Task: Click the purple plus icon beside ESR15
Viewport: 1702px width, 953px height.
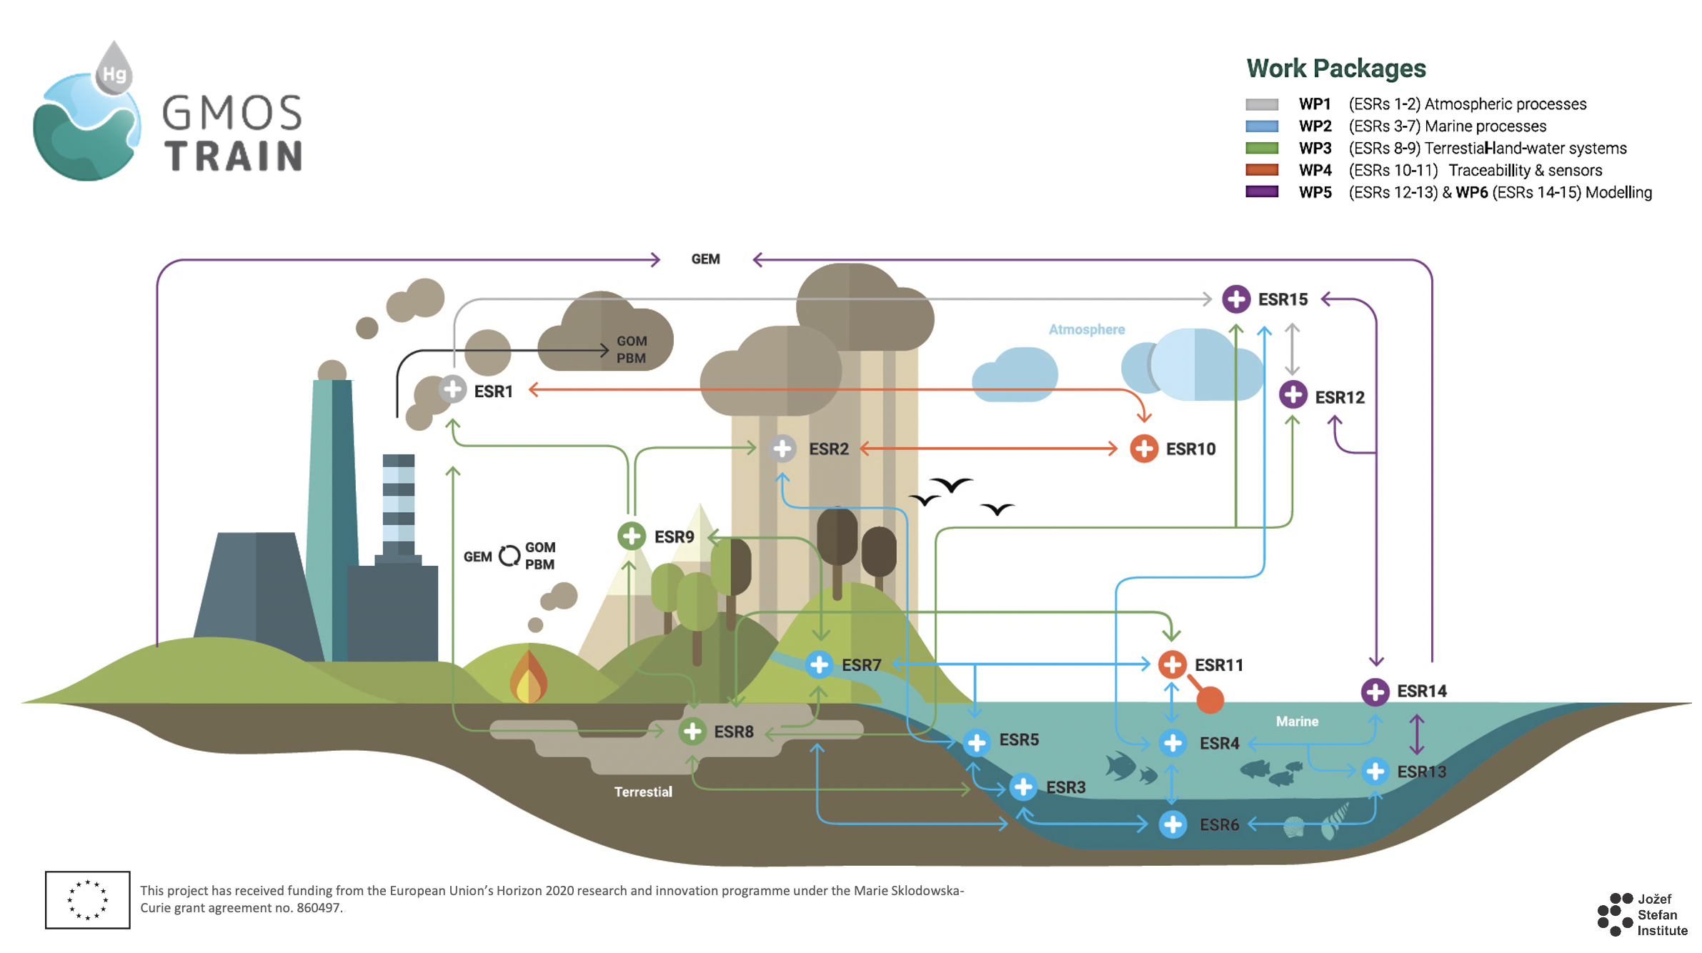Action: pos(1235,299)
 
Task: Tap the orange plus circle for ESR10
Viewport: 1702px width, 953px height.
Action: pos(1143,449)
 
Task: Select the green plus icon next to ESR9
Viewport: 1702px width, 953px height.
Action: pos(631,536)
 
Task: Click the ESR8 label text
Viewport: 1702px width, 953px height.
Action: pos(734,732)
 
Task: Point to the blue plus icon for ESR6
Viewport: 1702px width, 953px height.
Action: pos(1173,824)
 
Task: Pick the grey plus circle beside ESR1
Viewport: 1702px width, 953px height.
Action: pos(452,390)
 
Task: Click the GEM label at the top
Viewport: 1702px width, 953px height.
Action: pos(705,259)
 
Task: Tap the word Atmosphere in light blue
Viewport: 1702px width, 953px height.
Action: pos(1086,329)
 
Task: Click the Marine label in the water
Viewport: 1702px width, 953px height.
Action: pos(1297,722)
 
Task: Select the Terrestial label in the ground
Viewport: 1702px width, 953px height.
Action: pos(643,792)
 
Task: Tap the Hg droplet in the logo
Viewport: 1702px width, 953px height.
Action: pos(114,70)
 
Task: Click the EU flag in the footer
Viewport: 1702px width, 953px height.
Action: pos(87,899)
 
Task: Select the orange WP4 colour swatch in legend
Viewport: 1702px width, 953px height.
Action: pos(1261,170)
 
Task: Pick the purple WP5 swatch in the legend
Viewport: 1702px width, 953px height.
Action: pos(1261,192)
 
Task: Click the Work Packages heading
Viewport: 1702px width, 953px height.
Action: pos(1335,69)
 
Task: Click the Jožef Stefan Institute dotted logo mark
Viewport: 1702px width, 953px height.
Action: pos(1615,914)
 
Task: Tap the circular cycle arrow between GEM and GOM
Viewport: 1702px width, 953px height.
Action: pos(509,556)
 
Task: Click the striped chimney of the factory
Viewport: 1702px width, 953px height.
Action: pos(398,504)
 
